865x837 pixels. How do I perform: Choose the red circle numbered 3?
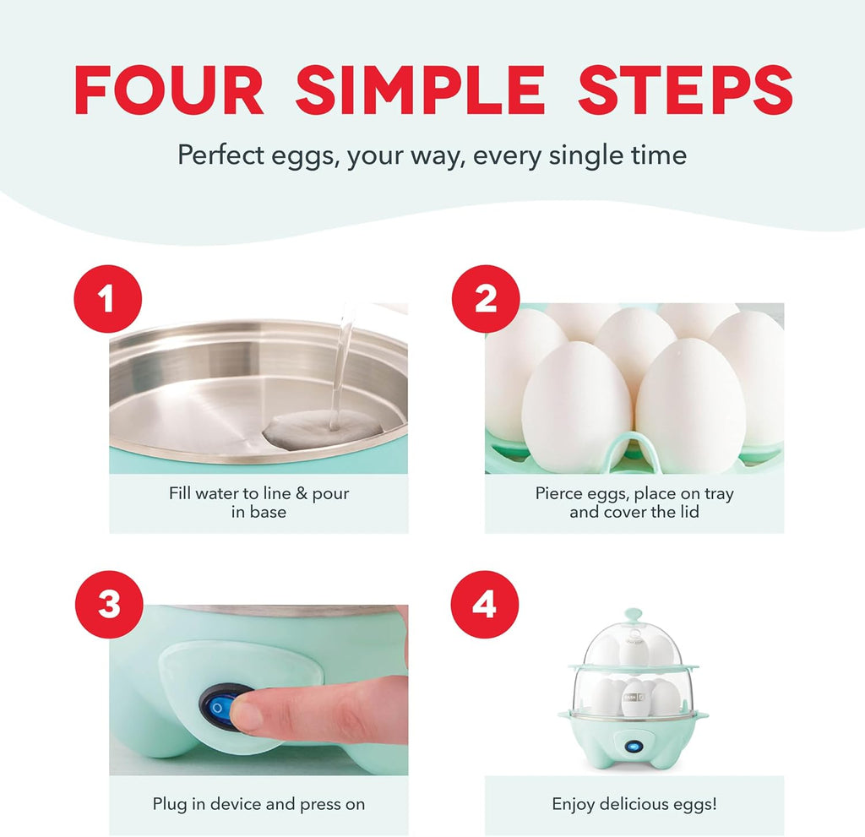pos(108,606)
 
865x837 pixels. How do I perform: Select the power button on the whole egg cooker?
pos(633,746)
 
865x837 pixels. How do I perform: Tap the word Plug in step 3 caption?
pos(169,804)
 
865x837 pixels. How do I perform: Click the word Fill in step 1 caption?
pos(181,493)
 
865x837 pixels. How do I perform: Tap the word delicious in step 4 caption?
pos(639,804)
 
